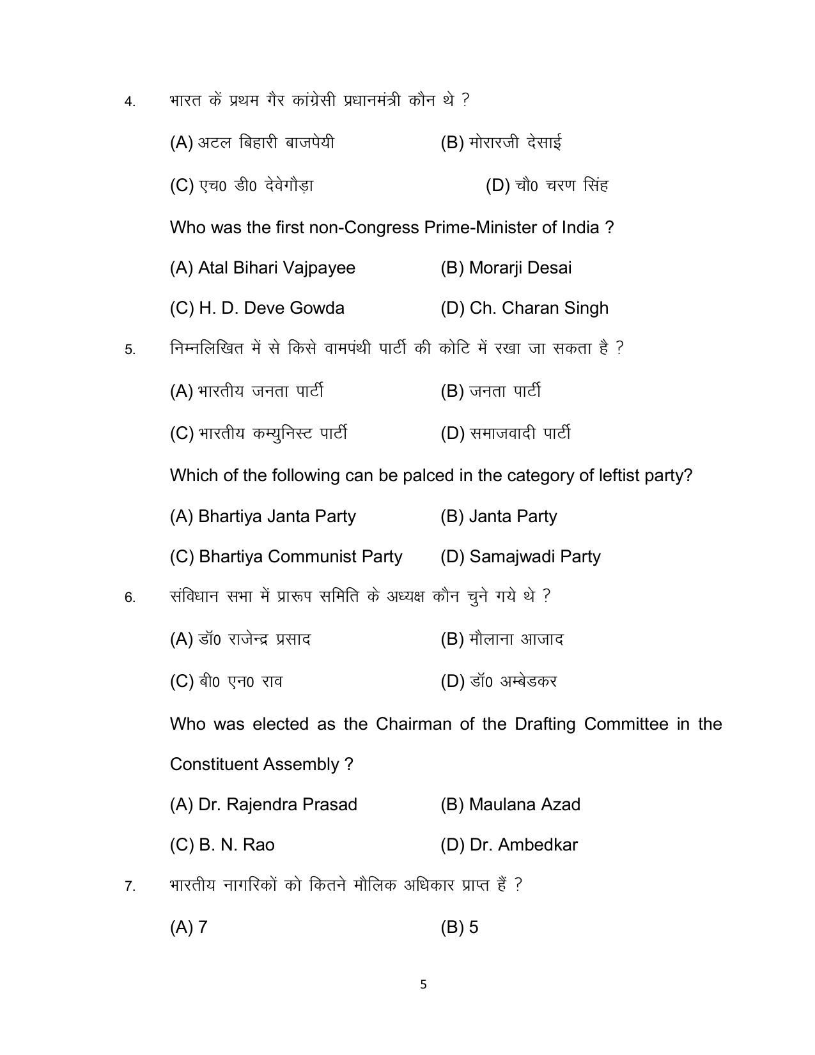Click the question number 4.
(x=130, y=102)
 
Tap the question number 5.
(x=130, y=350)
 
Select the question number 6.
(x=130, y=598)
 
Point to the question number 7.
(x=130, y=887)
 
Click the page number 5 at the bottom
(x=423, y=985)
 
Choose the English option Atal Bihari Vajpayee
(x=262, y=268)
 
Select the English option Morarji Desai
(x=506, y=268)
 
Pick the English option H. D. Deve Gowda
(x=257, y=308)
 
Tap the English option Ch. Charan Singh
(x=524, y=308)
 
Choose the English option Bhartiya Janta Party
(x=263, y=516)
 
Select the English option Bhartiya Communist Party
(x=286, y=557)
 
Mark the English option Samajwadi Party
(x=520, y=557)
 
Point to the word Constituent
(x=214, y=764)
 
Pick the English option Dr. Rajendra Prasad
(x=263, y=805)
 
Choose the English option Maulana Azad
(x=510, y=805)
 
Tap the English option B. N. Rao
(x=222, y=845)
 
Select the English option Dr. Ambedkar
(x=509, y=845)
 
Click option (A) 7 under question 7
(x=189, y=927)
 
